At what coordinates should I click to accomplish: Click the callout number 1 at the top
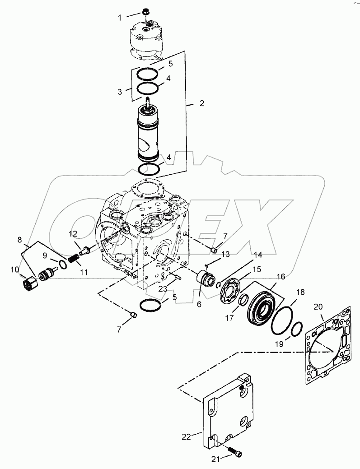pos(120,18)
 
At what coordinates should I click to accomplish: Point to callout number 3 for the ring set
pos(120,92)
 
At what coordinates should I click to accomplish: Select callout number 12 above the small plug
pos(74,233)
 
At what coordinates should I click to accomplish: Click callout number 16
pos(281,276)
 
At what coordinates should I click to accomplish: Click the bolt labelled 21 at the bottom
pos(235,450)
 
